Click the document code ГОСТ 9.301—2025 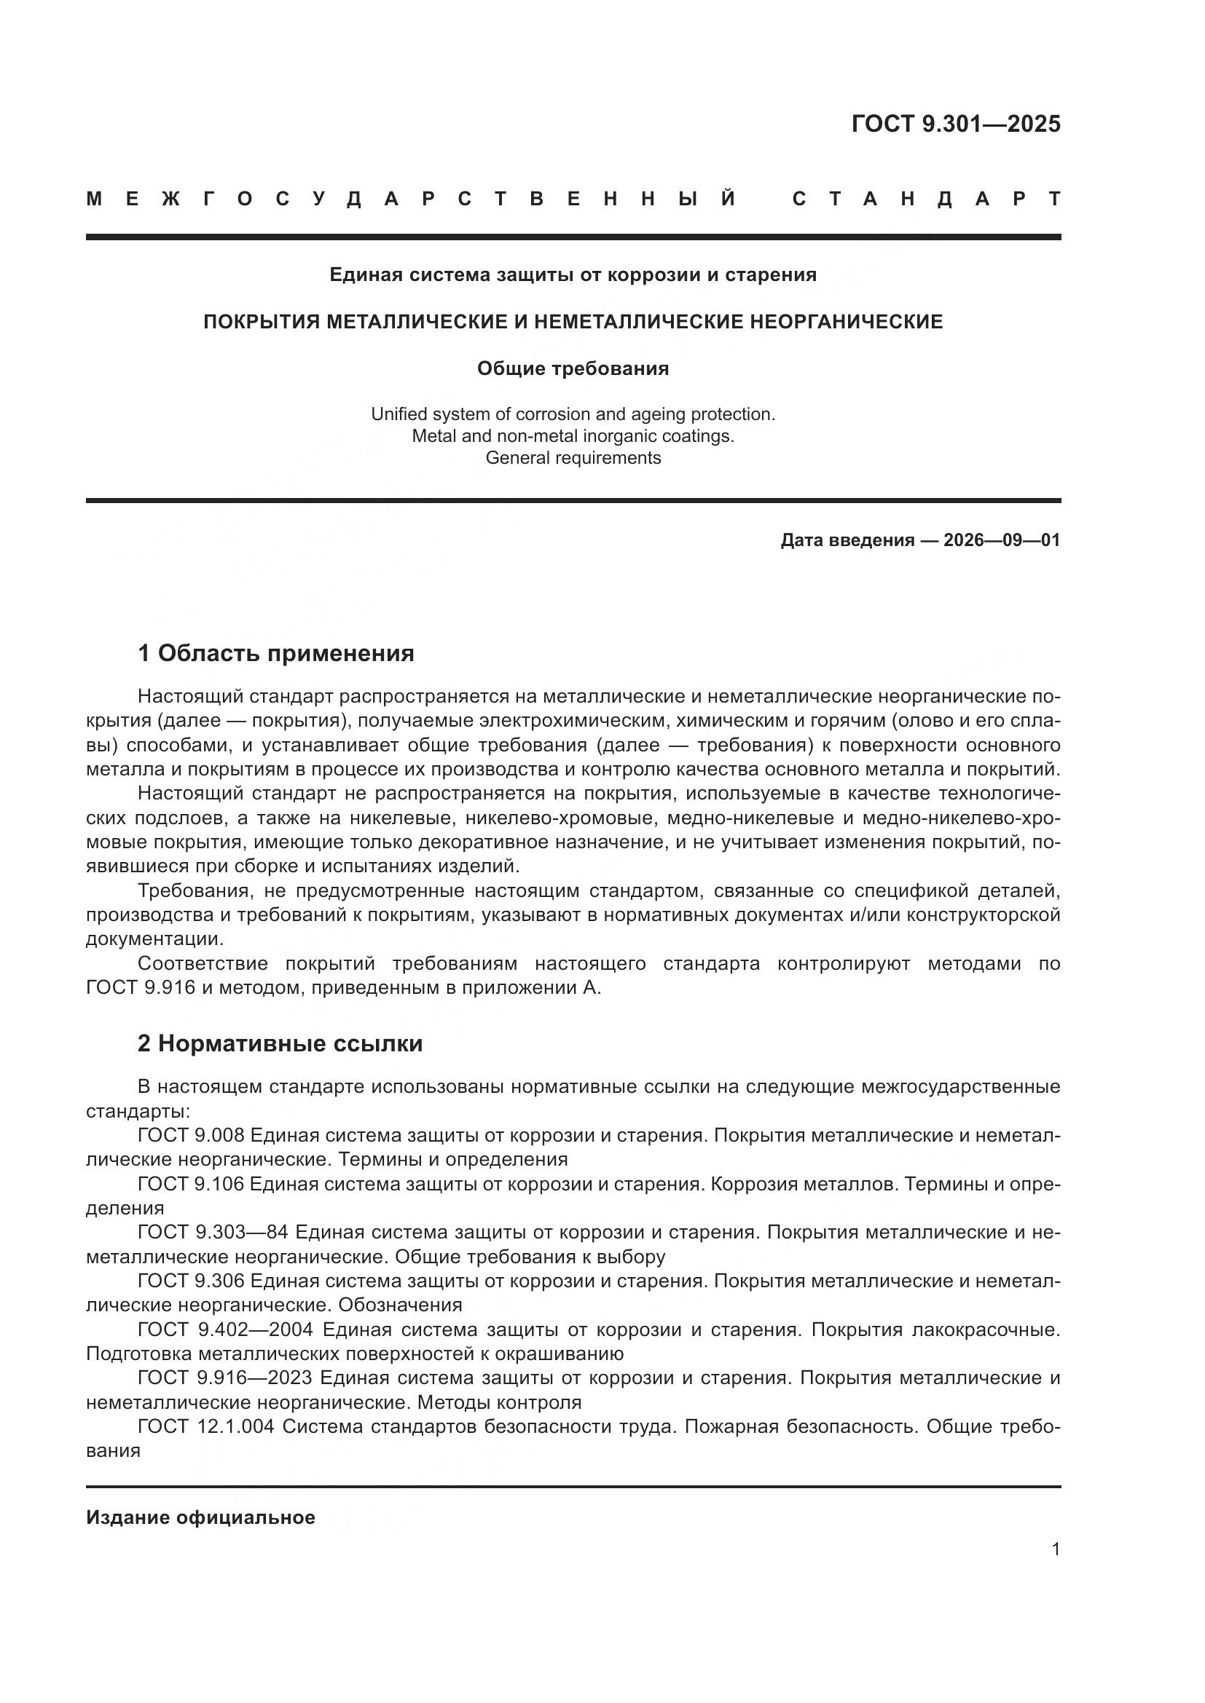point(956,124)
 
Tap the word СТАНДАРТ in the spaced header point(927,199)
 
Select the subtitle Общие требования point(573,368)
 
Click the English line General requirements point(573,458)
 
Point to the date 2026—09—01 point(1002,540)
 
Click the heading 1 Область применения point(275,653)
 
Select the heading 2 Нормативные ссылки point(280,1043)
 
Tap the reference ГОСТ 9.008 point(191,1135)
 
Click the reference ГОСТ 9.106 point(191,1184)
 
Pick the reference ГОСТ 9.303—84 point(213,1232)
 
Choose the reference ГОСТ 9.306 point(191,1281)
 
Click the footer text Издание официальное point(200,1517)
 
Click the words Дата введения point(847,540)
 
